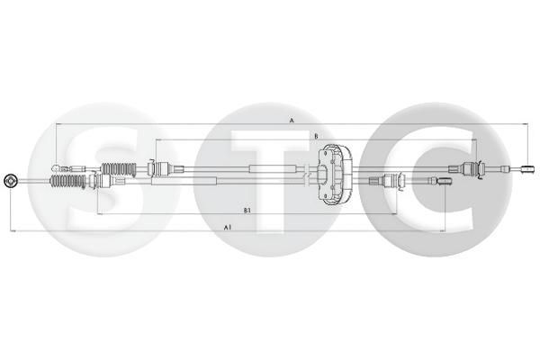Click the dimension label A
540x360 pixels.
pyautogui.click(x=292, y=120)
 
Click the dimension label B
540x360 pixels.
pyautogui.click(x=316, y=137)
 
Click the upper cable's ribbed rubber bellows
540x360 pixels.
pyautogui.click(x=118, y=167)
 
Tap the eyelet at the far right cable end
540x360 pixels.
pyautogui.click(x=528, y=167)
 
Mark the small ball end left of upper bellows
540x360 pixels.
pyautogui.click(x=58, y=167)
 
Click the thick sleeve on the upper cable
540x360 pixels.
pyautogui.click(x=270, y=168)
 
